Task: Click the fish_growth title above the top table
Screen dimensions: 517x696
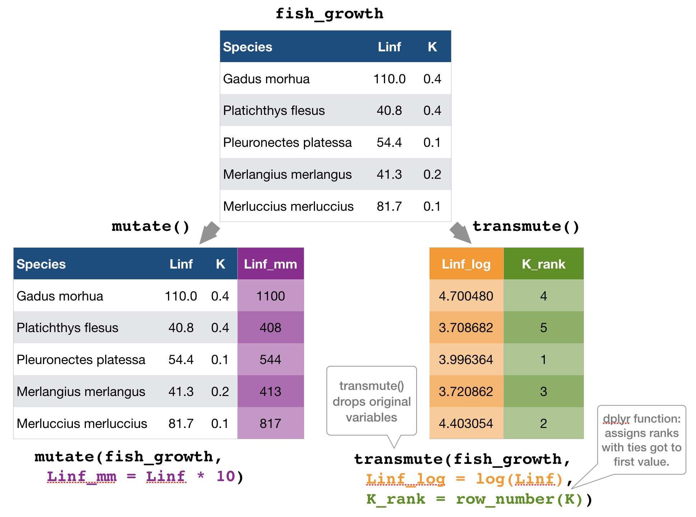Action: (x=329, y=14)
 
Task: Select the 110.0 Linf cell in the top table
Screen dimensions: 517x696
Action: (x=389, y=79)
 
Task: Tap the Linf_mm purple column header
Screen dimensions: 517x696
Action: (x=270, y=264)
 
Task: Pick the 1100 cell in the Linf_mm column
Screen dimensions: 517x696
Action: (x=270, y=296)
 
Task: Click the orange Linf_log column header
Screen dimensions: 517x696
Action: (x=466, y=264)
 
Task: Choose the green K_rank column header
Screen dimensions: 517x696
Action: (x=543, y=264)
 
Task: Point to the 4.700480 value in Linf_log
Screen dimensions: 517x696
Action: (x=466, y=296)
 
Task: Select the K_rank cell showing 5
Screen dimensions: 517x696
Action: (x=543, y=327)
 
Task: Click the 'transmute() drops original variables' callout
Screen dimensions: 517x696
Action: (x=371, y=401)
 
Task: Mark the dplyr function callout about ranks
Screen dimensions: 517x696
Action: (x=641, y=440)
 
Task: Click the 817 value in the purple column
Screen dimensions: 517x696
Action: (x=270, y=423)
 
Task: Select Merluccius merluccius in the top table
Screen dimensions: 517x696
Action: (x=288, y=206)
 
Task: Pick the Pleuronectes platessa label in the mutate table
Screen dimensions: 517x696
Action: (x=81, y=359)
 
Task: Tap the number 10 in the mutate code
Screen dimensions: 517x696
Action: (x=226, y=476)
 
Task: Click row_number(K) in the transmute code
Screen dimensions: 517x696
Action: (x=519, y=499)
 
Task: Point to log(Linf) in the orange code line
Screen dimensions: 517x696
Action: (x=519, y=479)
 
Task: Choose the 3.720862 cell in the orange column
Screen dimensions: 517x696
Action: (x=466, y=391)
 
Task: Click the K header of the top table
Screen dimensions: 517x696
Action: (x=432, y=47)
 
